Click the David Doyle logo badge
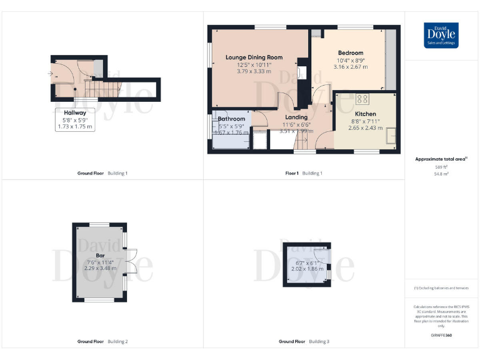[441, 35]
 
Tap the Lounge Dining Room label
[254, 57]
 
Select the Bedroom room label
[351, 53]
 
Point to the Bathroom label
[231, 119]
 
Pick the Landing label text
[296, 117]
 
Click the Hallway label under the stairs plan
[74, 112]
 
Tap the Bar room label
[100, 254]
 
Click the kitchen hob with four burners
[362, 99]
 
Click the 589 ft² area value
[441, 167]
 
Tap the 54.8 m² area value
[441, 174]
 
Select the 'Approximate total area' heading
[441, 159]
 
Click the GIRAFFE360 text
[441, 336]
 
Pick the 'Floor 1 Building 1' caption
[304, 173]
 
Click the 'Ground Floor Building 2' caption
[102, 342]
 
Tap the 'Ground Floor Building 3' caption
[304, 342]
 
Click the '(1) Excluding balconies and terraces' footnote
[441, 288]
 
